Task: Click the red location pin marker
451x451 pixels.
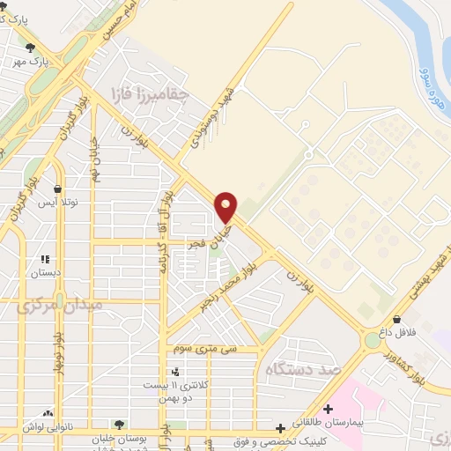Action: tap(226, 207)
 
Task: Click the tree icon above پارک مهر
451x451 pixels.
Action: tap(32, 48)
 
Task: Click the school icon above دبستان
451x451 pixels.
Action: tap(45, 260)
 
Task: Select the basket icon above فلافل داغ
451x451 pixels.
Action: tap(398, 320)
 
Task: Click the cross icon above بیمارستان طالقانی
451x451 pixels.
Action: tap(328, 410)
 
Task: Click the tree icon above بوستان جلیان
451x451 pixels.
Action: tap(118, 424)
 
